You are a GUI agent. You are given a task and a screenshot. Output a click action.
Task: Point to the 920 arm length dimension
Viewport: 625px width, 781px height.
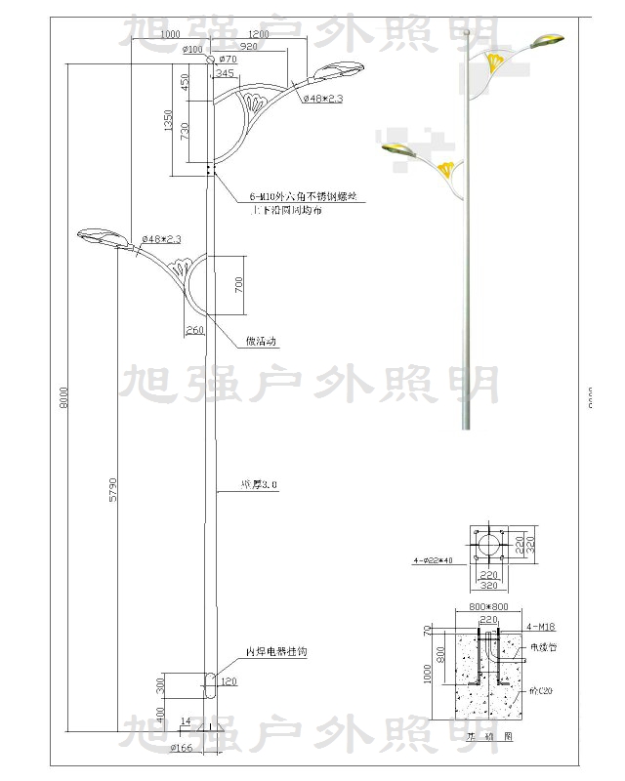click(x=249, y=47)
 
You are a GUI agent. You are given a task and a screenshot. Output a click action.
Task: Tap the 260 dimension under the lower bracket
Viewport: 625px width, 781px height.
click(x=194, y=330)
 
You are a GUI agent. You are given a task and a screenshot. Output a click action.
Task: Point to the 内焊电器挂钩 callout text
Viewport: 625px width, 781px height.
click(x=275, y=651)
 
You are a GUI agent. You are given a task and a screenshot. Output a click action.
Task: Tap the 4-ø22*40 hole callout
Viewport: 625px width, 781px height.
click(x=435, y=560)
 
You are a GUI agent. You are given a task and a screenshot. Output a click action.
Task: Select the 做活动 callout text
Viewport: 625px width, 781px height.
click(x=262, y=342)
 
